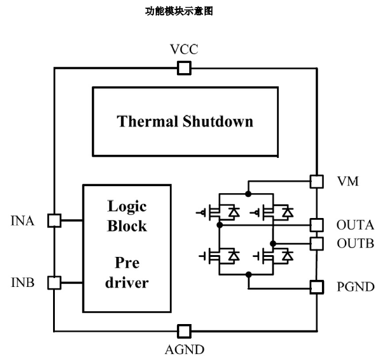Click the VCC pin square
[x=184, y=69]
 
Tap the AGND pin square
[x=184, y=331]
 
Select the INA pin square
[x=54, y=221]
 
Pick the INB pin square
[x=54, y=282]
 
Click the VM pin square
[x=317, y=181]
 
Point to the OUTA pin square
[x=317, y=224]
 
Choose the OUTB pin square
[x=317, y=243]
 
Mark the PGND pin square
[x=317, y=287]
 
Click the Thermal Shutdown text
[x=185, y=121]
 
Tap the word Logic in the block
[x=127, y=207]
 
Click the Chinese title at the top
[x=178, y=11]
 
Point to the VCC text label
[x=184, y=49]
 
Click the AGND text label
[x=184, y=349]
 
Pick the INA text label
[x=22, y=222]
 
